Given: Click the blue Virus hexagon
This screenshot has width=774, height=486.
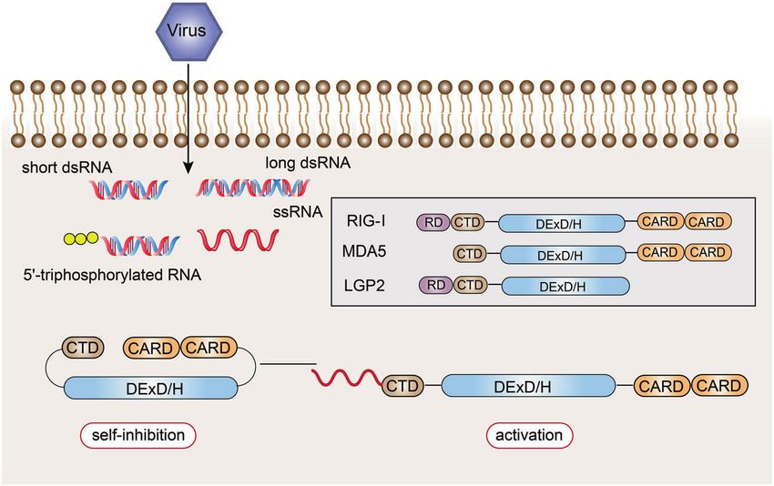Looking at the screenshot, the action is pos(189,31).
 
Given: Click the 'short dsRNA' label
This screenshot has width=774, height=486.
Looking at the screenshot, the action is pos(66,167).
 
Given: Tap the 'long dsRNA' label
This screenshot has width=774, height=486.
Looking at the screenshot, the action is pos(308,163).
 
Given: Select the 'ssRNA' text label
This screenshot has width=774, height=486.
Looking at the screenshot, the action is pos(298,212).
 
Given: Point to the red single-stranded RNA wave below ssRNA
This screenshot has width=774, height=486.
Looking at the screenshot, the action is pos(238,239).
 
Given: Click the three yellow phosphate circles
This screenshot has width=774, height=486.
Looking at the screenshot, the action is pos(81,238).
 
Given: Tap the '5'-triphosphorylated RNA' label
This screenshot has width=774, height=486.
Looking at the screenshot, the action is pos(112,274).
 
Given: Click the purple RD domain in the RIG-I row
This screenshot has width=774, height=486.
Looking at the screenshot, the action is pos(433,223).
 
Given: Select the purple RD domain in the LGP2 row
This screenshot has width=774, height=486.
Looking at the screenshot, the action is pos(435,285).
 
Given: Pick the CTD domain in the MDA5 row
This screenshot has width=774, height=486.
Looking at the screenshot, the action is pos(470,254).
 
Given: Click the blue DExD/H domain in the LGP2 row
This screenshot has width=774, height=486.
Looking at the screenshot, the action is pos(565,287).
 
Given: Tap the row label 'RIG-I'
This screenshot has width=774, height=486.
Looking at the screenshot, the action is pos(366,220).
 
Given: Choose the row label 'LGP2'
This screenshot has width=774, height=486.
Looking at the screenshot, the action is pos(364,286).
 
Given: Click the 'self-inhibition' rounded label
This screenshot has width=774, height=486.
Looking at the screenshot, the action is pos(138,435).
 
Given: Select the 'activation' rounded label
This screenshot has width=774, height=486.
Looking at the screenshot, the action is pos(529,435).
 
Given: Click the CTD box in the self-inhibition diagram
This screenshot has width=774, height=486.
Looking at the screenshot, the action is pos(83,348).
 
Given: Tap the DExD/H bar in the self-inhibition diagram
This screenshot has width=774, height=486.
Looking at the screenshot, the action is pos(150,388).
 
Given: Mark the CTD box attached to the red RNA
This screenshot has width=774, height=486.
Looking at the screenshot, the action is pos(402,385).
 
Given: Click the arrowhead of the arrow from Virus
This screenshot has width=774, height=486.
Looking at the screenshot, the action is pos(188,168).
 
